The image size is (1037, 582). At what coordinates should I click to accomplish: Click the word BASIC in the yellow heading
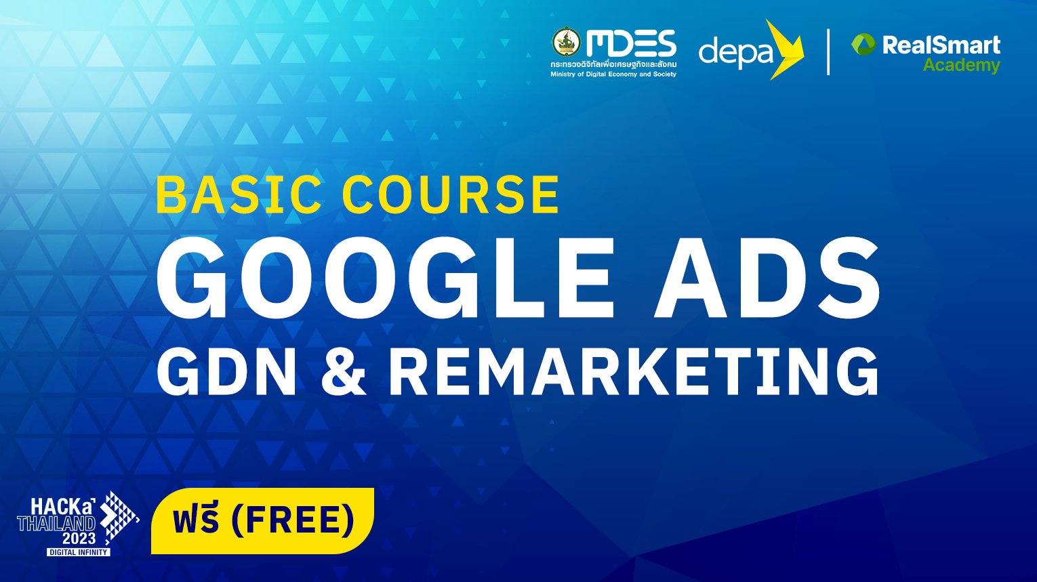coord(239,194)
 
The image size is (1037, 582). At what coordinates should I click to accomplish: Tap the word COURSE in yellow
coord(451,194)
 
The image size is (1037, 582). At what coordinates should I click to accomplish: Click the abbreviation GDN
coord(226,371)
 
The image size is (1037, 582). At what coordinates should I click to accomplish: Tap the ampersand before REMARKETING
coord(343,371)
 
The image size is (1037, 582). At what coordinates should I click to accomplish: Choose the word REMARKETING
coord(634,371)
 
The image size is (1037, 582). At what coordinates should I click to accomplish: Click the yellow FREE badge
coord(262,520)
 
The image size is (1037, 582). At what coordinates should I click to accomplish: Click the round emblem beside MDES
coord(566,42)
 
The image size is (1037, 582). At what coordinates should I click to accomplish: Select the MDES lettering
coord(632,43)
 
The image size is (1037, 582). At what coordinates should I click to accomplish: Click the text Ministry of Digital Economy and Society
coord(613,74)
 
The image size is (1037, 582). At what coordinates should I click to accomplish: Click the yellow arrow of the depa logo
coord(786,49)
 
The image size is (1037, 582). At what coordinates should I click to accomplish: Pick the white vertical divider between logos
coord(828,51)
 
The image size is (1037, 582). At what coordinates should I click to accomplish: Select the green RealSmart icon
coord(863,45)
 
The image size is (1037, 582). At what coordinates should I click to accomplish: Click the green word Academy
coord(962,66)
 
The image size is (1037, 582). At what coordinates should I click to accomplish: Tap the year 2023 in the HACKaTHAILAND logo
coord(79,539)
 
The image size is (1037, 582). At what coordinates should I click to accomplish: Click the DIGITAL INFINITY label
coord(79,552)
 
